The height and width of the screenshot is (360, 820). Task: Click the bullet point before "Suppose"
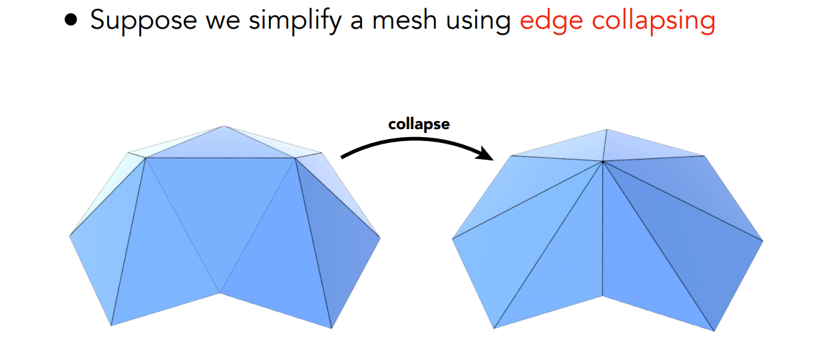(71, 21)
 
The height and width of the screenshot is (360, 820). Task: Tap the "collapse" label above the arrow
(419, 124)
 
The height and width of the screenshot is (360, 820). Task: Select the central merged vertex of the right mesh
(603, 162)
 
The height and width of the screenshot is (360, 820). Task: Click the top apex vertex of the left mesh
(224, 126)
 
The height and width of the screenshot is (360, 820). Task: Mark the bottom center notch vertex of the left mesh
(220, 293)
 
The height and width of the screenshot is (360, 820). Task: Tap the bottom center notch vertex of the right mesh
(603, 295)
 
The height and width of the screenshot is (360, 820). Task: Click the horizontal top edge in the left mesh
(220, 158)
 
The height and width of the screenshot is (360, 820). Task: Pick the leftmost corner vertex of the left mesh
(70, 235)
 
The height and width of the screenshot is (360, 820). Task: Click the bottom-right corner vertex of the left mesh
(331, 328)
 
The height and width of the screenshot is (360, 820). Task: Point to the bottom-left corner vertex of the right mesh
(495, 328)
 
